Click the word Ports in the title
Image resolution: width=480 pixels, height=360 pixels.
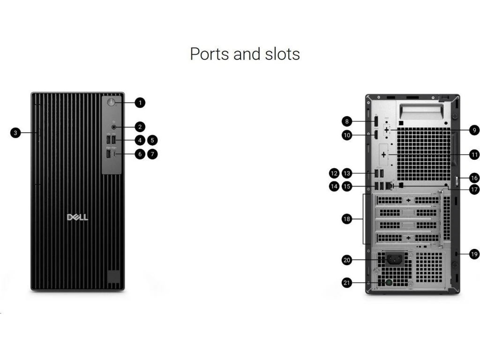[x=210, y=54]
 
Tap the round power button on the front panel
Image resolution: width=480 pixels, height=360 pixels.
[x=111, y=102]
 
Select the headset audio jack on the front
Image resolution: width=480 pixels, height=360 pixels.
[x=114, y=127]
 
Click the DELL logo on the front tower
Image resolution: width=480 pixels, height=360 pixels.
[x=77, y=217]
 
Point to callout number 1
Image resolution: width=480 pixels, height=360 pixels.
[x=140, y=103]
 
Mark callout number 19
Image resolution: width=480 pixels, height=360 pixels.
[x=474, y=254]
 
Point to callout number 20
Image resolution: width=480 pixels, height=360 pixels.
[x=347, y=260]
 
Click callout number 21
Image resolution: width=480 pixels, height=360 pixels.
[x=347, y=283]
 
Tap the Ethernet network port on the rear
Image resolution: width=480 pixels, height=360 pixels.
[x=389, y=186]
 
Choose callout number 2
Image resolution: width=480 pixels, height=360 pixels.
[x=140, y=127]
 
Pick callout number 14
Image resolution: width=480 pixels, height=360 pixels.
[x=334, y=187]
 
